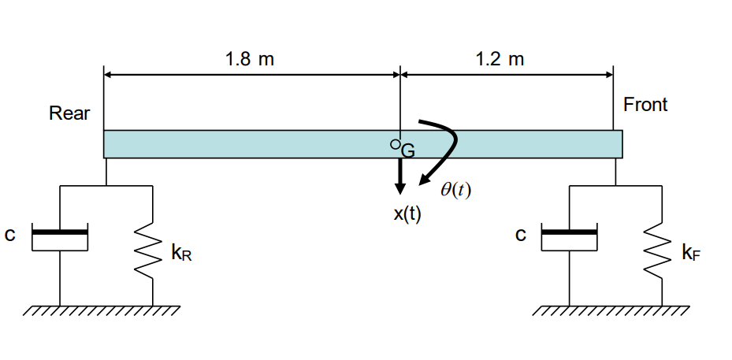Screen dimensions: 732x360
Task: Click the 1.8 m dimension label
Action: pos(249,59)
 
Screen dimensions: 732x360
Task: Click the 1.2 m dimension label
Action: pos(500,59)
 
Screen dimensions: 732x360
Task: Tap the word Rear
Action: pos(69,113)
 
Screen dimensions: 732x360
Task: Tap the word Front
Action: pos(645,105)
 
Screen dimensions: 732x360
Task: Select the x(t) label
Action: pos(407,215)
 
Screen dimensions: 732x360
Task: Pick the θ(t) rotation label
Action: pos(455,190)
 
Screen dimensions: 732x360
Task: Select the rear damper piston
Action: pos(59,232)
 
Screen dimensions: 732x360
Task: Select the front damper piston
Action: pos(569,232)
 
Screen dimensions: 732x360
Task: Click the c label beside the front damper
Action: pos(519,235)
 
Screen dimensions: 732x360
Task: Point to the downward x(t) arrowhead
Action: pos(400,187)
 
